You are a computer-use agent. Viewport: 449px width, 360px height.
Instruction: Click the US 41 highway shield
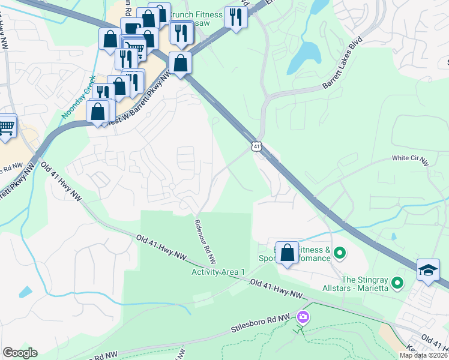(256, 146)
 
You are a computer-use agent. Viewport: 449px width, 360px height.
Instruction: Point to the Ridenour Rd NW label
(204, 241)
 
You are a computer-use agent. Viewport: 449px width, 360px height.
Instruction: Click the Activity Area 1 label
(218, 272)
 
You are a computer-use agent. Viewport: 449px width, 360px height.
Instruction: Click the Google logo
(20, 352)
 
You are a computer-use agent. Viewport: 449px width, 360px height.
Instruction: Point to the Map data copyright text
(423, 355)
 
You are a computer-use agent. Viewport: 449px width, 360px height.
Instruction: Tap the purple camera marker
(303, 316)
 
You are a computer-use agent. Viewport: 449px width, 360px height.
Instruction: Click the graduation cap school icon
(429, 270)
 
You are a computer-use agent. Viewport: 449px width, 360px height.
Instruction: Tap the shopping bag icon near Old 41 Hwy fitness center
(288, 253)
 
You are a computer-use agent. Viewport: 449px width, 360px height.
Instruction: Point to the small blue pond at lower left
(25, 292)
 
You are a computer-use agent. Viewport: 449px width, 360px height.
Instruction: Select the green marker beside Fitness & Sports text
(339, 253)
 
